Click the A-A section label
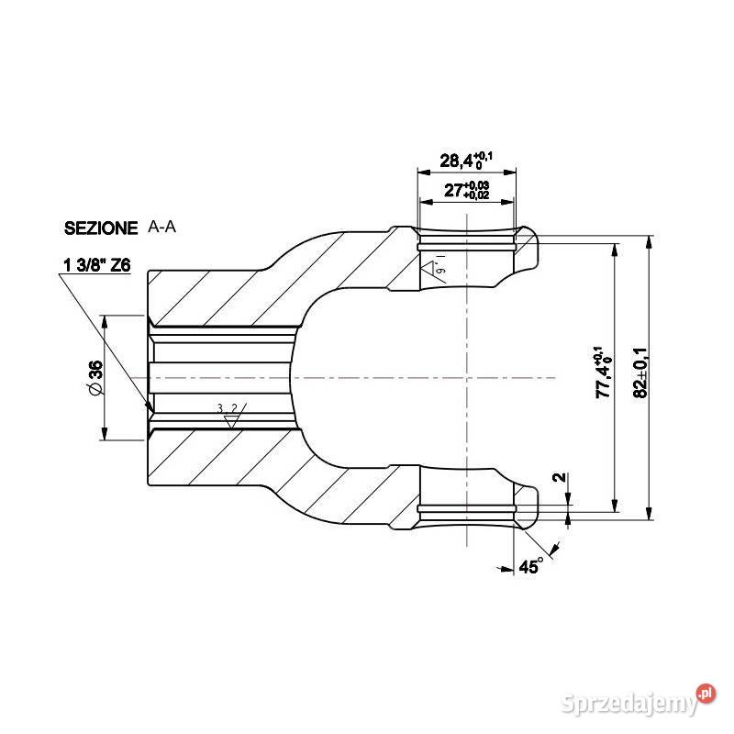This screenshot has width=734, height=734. pos(162,227)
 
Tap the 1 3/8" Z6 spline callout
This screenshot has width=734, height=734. pos(96,266)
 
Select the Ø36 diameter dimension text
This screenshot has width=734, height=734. pos(95,378)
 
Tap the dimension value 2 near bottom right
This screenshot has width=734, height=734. pos(560,479)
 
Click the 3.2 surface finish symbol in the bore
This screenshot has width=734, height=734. pos(228,411)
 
